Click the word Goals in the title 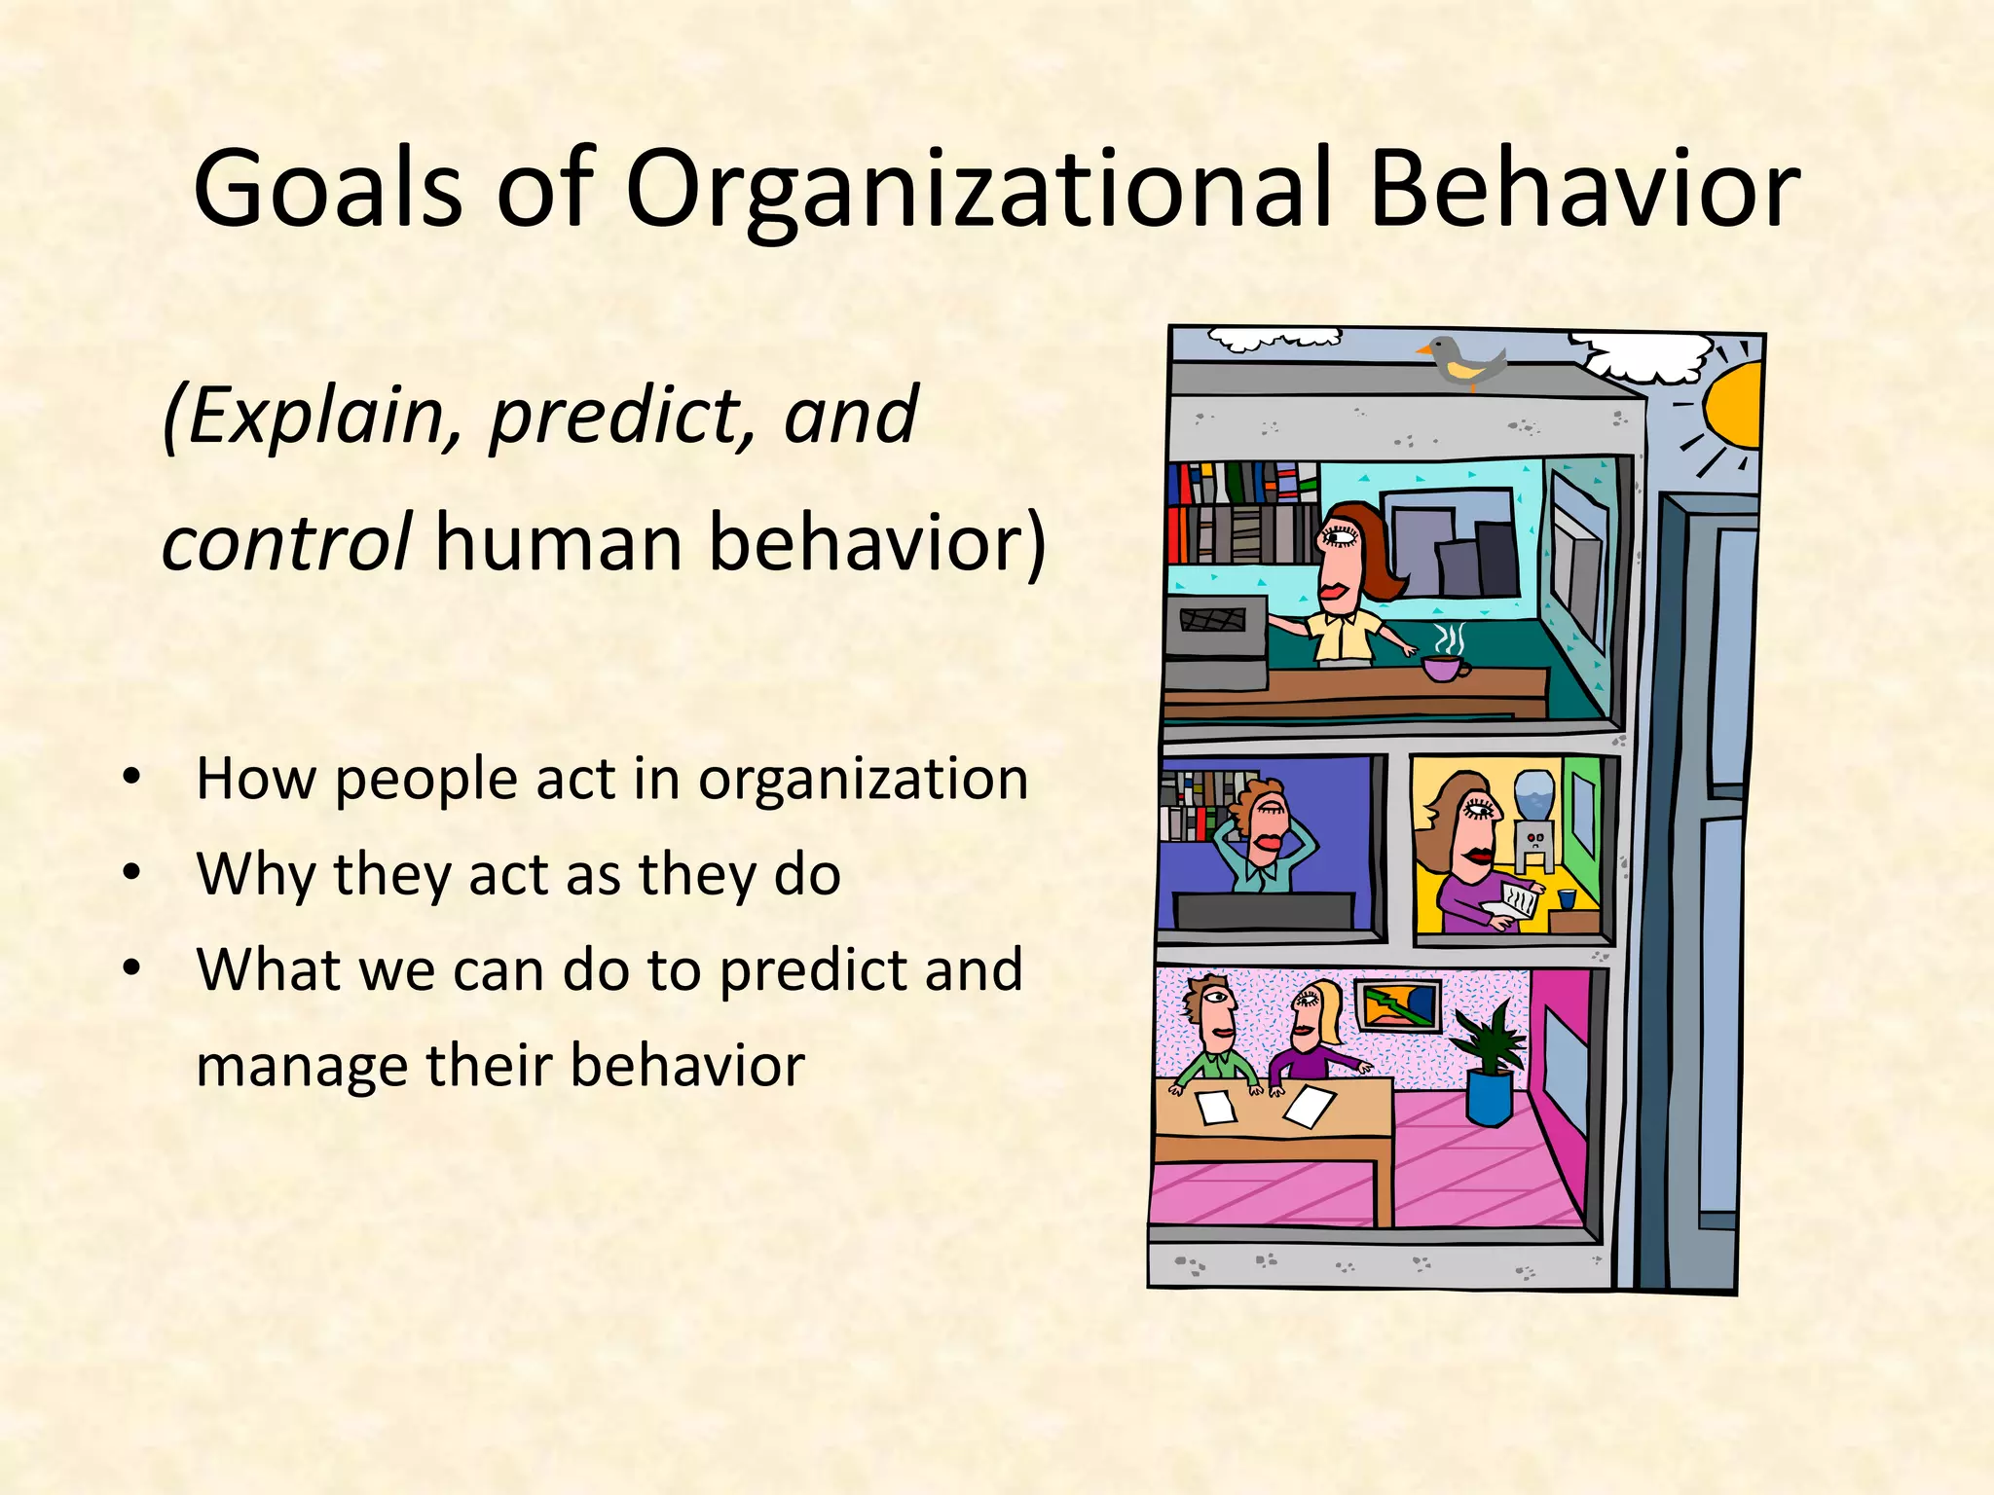click(326, 188)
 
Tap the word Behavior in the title click(1584, 188)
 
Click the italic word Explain click(312, 416)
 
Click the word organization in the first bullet click(863, 779)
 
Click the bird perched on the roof click(1465, 361)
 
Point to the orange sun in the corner click(1735, 406)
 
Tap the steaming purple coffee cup click(1445, 667)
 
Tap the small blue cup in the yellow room click(1567, 898)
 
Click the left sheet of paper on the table click(1215, 1107)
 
